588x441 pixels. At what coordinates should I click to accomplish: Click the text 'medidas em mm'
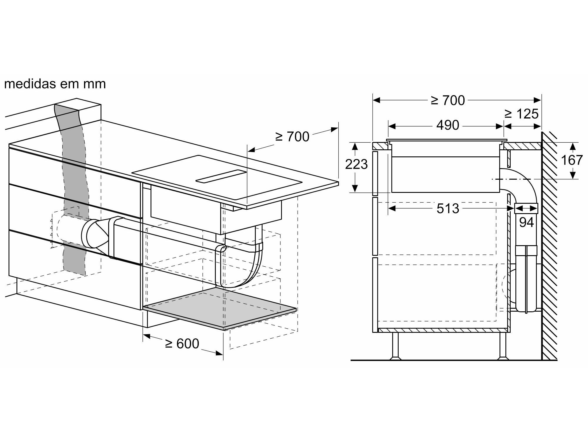coord(55,84)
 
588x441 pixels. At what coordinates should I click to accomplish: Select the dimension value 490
coord(447,126)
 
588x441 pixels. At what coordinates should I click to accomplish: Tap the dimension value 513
coord(447,208)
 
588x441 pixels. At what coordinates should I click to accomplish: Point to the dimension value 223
coord(356,164)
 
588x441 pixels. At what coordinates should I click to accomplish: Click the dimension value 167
coord(572,160)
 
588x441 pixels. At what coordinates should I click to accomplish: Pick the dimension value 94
coord(526,222)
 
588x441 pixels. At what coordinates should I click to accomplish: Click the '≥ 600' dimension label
coord(182,343)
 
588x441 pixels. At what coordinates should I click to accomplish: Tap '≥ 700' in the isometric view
coord(292,137)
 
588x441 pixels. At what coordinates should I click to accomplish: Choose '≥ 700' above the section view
coord(448,101)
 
